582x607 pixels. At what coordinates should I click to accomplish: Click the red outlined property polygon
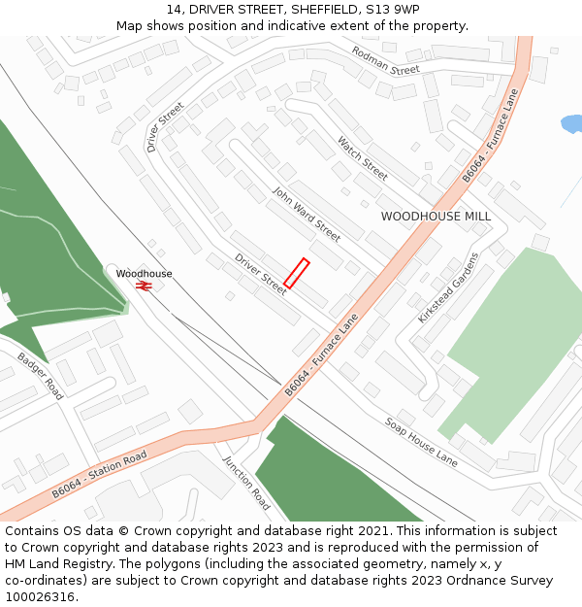coord(297,273)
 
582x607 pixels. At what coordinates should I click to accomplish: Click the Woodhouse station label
coord(144,274)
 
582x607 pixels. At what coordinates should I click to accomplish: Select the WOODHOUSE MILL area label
coord(436,217)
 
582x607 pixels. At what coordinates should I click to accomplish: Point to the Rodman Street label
coord(385,60)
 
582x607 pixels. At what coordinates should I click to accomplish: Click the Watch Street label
coord(362,158)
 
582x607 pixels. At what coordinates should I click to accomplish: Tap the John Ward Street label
coord(306,215)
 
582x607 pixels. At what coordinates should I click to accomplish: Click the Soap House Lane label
coord(421,442)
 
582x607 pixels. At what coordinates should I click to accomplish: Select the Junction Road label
coord(246,484)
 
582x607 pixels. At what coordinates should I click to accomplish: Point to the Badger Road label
coord(40,376)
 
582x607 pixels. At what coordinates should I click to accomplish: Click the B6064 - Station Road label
coord(99,473)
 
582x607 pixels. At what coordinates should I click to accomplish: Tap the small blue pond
coord(572,124)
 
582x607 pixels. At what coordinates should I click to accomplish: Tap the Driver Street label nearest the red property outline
coord(261,273)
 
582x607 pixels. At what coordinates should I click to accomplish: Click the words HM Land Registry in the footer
coord(59,563)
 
